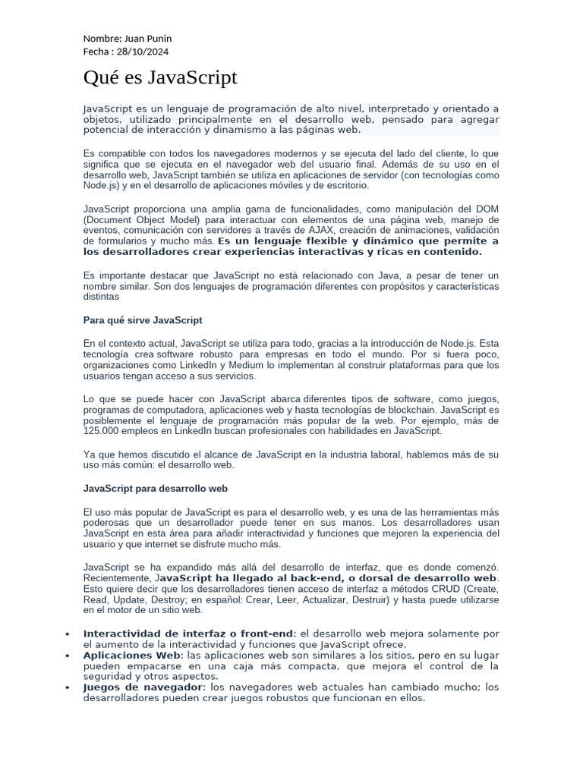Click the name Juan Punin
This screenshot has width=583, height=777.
click(x=147, y=39)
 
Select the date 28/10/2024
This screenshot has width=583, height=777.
click(x=144, y=52)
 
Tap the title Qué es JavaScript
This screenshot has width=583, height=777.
click(x=160, y=77)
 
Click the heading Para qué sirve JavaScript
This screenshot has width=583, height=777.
click(x=142, y=320)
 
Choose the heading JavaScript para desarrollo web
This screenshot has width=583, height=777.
click(x=155, y=489)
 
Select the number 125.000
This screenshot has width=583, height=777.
click(x=102, y=431)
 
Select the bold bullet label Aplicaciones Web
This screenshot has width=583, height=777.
click(x=131, y=655)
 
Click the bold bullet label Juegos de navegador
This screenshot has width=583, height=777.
click(x=143, y=687)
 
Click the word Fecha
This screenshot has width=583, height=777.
click(x=96, y=52)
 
